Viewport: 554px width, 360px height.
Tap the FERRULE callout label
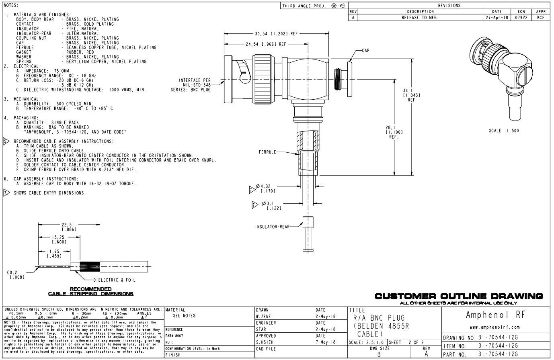(267, 152)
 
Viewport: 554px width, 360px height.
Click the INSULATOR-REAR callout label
(272, 227)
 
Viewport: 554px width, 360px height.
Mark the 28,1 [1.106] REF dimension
(394, 132)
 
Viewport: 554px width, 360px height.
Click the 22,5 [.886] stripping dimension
(67, 227)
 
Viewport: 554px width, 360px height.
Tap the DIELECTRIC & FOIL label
(115, 280)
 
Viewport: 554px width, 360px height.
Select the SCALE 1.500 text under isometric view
(504, 131)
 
